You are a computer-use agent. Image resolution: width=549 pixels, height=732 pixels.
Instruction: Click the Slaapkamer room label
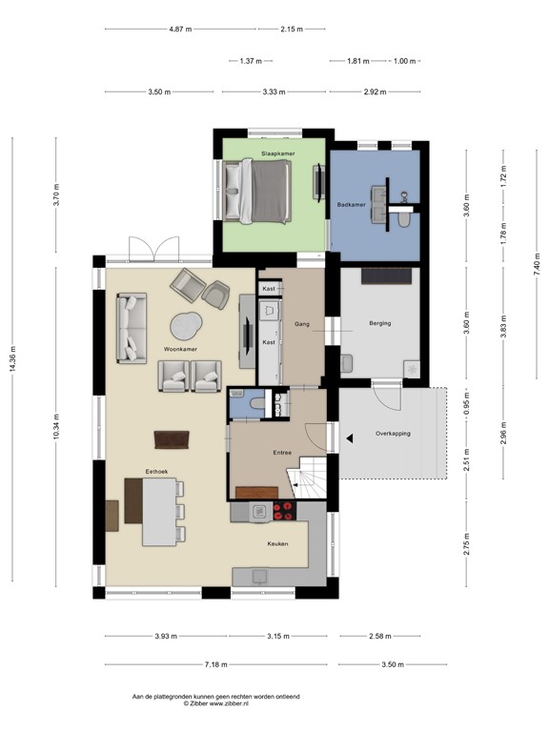278,152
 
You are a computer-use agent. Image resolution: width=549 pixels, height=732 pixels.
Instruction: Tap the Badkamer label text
351,204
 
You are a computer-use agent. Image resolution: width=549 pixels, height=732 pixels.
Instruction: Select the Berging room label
379,324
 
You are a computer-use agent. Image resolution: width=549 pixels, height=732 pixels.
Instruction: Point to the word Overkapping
393,433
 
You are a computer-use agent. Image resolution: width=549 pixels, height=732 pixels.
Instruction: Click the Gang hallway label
303,323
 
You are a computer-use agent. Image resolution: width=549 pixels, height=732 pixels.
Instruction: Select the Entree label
281,453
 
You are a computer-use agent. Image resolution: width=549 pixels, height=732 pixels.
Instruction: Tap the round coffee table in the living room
188,326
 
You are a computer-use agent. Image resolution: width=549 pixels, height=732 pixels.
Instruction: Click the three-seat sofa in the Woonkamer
132,329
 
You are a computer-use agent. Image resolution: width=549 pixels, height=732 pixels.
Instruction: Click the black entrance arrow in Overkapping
351,438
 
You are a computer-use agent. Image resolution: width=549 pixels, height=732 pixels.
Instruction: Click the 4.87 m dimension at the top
182,30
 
